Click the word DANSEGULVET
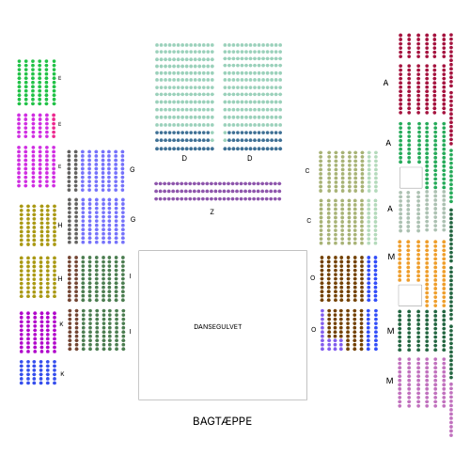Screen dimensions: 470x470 218,327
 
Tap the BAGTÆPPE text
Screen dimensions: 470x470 222,421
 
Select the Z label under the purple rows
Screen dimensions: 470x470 212,211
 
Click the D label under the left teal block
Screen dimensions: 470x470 184,158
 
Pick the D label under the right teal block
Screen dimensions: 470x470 250,158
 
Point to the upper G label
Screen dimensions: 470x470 133,169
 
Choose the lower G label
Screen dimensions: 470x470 133,219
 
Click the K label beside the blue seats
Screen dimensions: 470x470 62,374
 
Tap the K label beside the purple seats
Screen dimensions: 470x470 61,324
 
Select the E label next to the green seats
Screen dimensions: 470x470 59,78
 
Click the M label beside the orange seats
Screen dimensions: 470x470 391,257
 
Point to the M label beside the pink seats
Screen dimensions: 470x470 389,381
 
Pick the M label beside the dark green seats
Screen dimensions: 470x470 390,331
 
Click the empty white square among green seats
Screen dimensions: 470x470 411,178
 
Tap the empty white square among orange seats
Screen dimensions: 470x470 410,295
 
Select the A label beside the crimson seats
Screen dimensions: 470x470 385,83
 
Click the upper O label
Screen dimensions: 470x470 312,278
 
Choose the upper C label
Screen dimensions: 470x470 307,171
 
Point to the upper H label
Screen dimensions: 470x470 60,226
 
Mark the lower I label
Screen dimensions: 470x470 130,332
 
